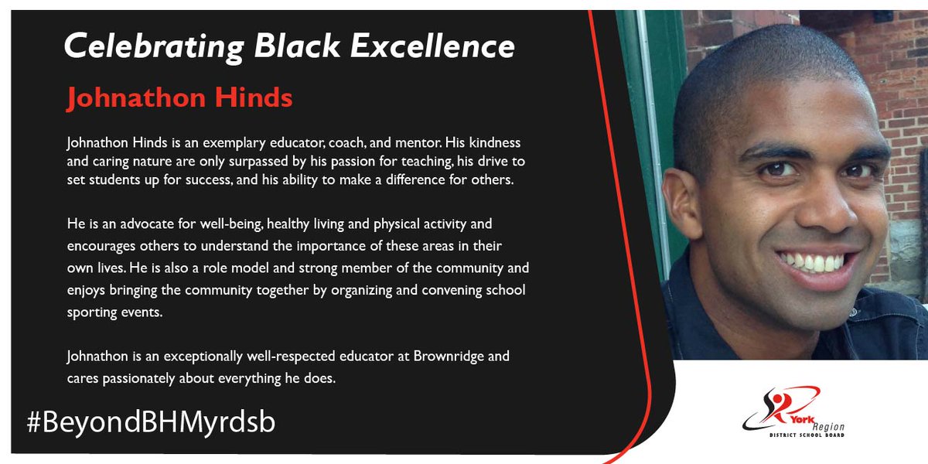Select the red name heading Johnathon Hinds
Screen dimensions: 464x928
[179, 98]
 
